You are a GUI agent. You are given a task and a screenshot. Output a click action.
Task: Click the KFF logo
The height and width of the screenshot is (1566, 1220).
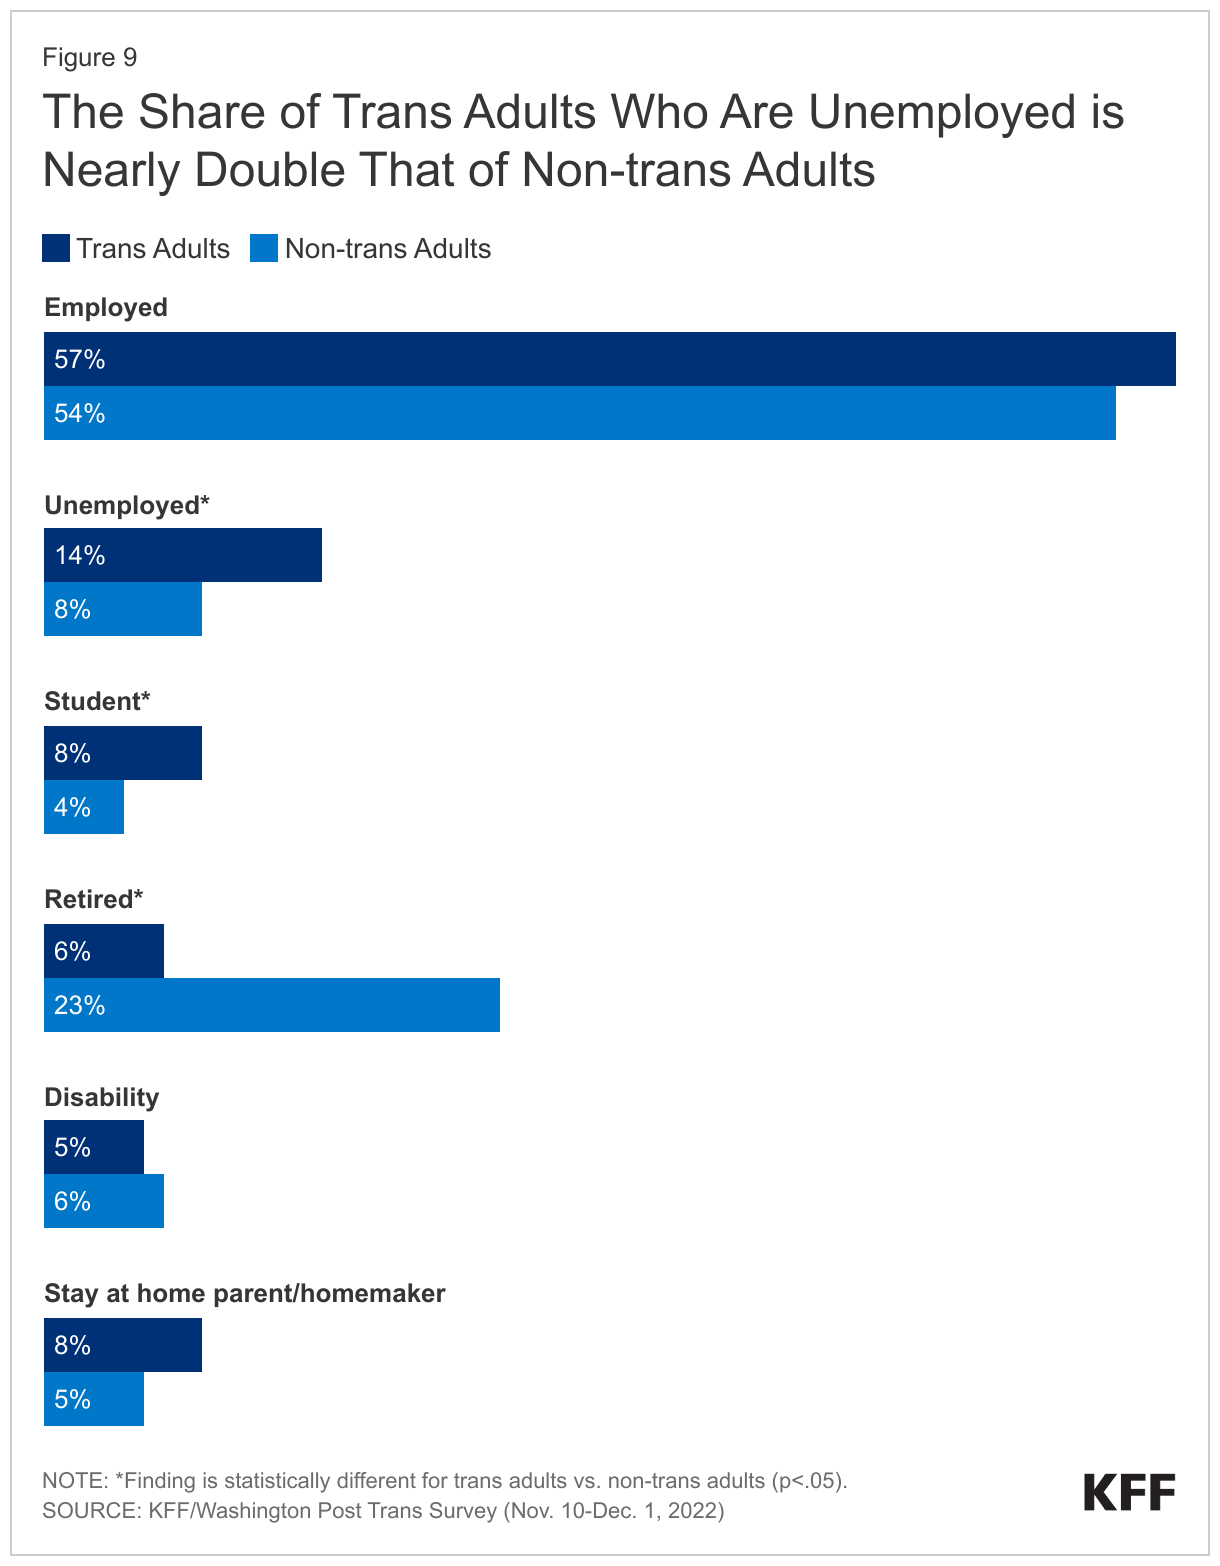pyautogui.click(x=1129, y=1493)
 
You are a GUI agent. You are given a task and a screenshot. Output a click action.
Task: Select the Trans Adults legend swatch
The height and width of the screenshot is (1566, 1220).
pyautogui.click(x=56, y=249)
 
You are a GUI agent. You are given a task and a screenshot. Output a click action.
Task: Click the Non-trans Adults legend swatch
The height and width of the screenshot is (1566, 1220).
pyautogui.click(x=264, y=249)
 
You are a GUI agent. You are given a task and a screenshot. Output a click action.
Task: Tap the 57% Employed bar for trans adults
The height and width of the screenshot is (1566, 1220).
pyautogui.click(x=609, y=359)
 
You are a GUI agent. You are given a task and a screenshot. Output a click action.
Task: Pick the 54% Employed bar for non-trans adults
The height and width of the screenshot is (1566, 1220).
pyautogui.click(x=579, y=413)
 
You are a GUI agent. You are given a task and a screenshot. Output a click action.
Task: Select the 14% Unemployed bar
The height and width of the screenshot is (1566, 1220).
pyautogui.click(x=183, y=555)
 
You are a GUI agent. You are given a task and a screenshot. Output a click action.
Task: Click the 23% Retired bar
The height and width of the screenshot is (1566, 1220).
pyautogui.click(x=271, y=1005)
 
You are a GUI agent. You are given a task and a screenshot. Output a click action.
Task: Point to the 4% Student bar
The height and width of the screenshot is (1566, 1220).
pyautogui.click(x=84, y=807)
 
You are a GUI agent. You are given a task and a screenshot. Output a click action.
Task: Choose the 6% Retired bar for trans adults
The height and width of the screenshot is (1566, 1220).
pyautogui.click(x=104, y=951)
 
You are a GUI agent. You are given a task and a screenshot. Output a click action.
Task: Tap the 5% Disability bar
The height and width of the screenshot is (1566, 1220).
pyautogui.click(x=94, y=1147)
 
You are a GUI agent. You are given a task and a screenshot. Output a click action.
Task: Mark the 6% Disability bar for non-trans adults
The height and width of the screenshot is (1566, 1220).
pyautogui.click(x=104, y=1201)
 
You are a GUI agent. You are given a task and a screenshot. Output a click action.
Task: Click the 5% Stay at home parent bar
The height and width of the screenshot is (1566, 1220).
pyautogui.click(x=94, y=1399)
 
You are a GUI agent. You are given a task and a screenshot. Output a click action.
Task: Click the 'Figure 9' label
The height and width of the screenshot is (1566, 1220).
pyautogui.click(x=89, y=57)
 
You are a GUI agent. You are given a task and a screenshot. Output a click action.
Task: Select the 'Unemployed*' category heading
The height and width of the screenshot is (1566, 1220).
pyautogui.click(x=127, y=505)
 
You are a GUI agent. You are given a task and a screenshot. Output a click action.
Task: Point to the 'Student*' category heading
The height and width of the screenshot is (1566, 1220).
pyautogui.click(x=97, y=701)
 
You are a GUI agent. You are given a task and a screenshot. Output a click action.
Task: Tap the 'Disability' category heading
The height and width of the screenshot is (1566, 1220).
pyautogui.click(x=102, y=1097)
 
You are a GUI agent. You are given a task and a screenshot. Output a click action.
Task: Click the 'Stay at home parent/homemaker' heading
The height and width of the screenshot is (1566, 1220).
pyautogui.click(x=245, y=1293)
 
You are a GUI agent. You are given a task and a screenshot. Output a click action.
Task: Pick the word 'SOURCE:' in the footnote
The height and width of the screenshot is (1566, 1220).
pyautogui.click(x=91, y=1510)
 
